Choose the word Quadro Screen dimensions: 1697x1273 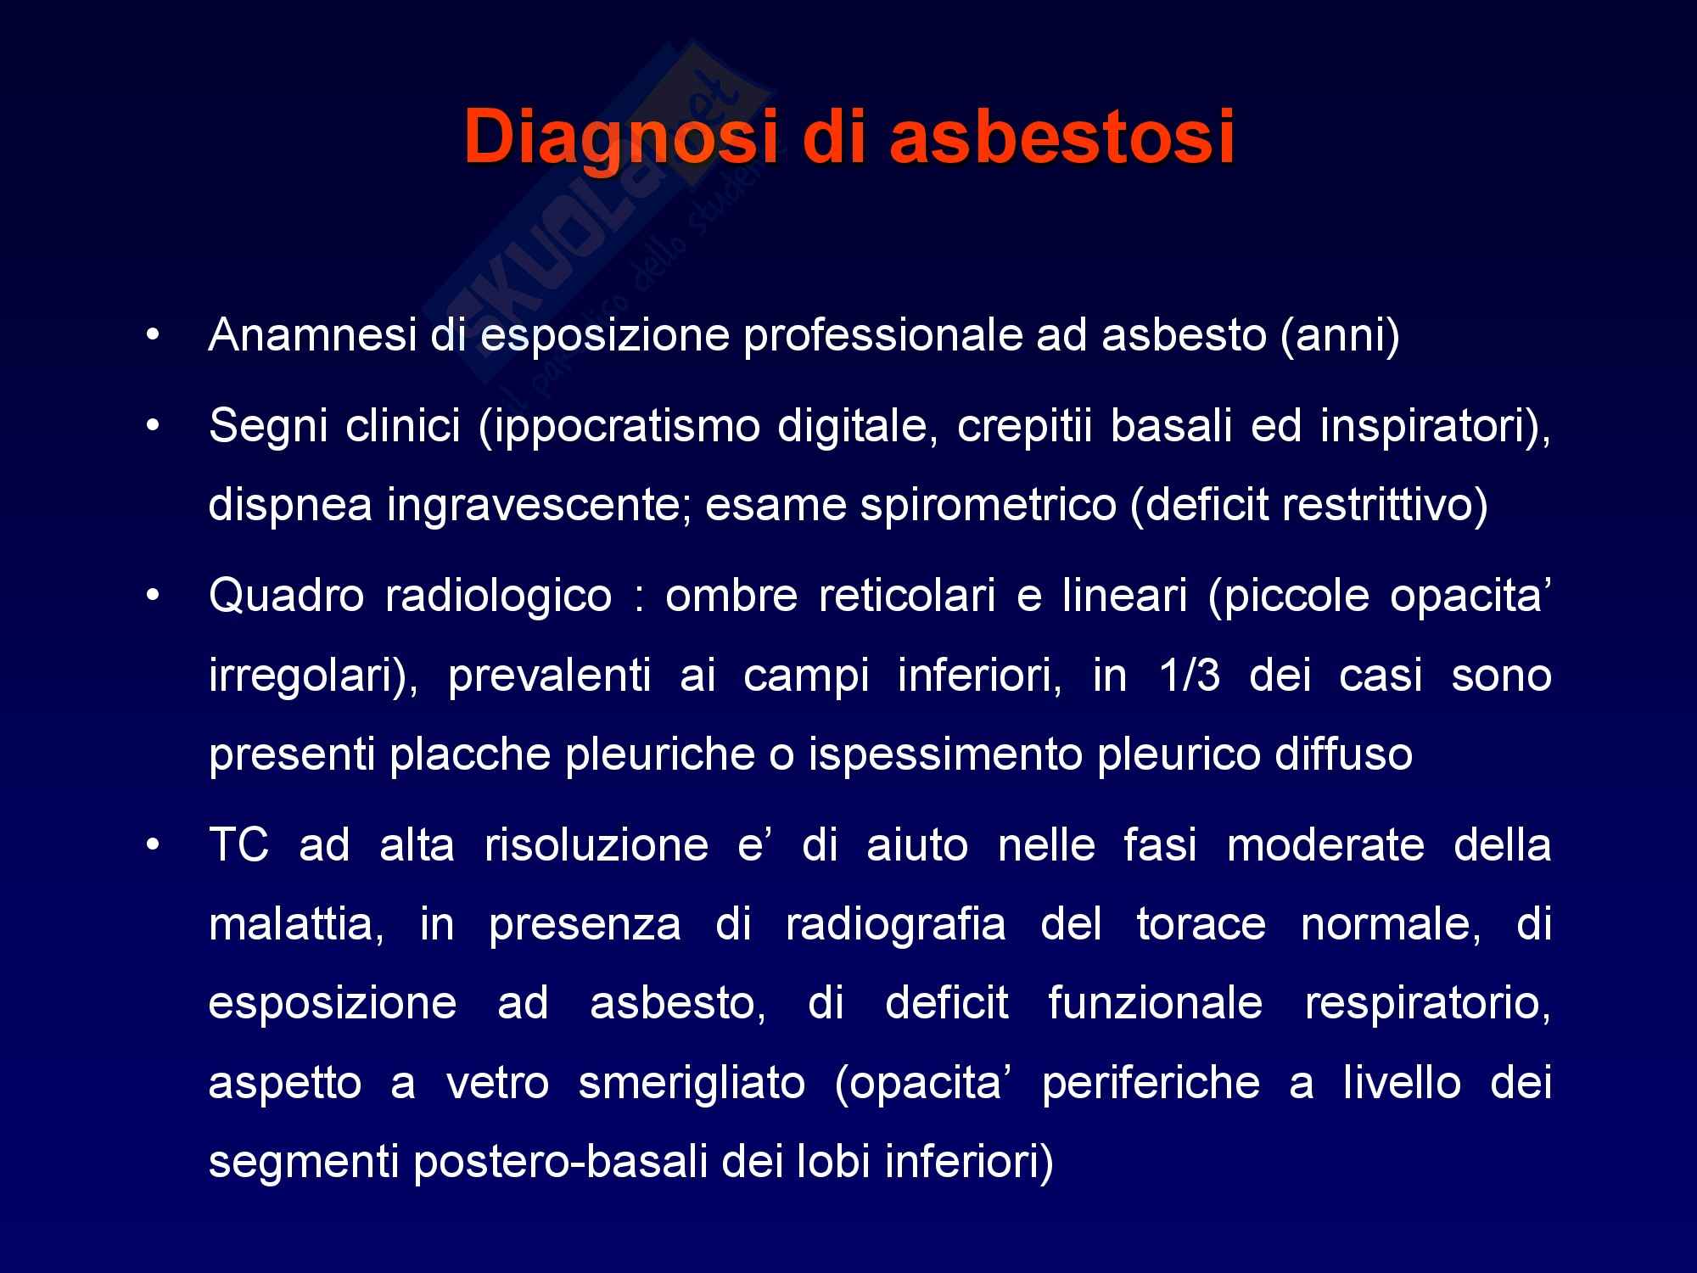pyautogui.click(x=281, y=597)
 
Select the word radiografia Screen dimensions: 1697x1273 pyautogui.click(x=896, y=925)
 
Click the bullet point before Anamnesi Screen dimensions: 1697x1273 pyautogui.click(x=152, y=337)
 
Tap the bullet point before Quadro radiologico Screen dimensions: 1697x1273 pyautogui.click(x=152, y=597)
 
